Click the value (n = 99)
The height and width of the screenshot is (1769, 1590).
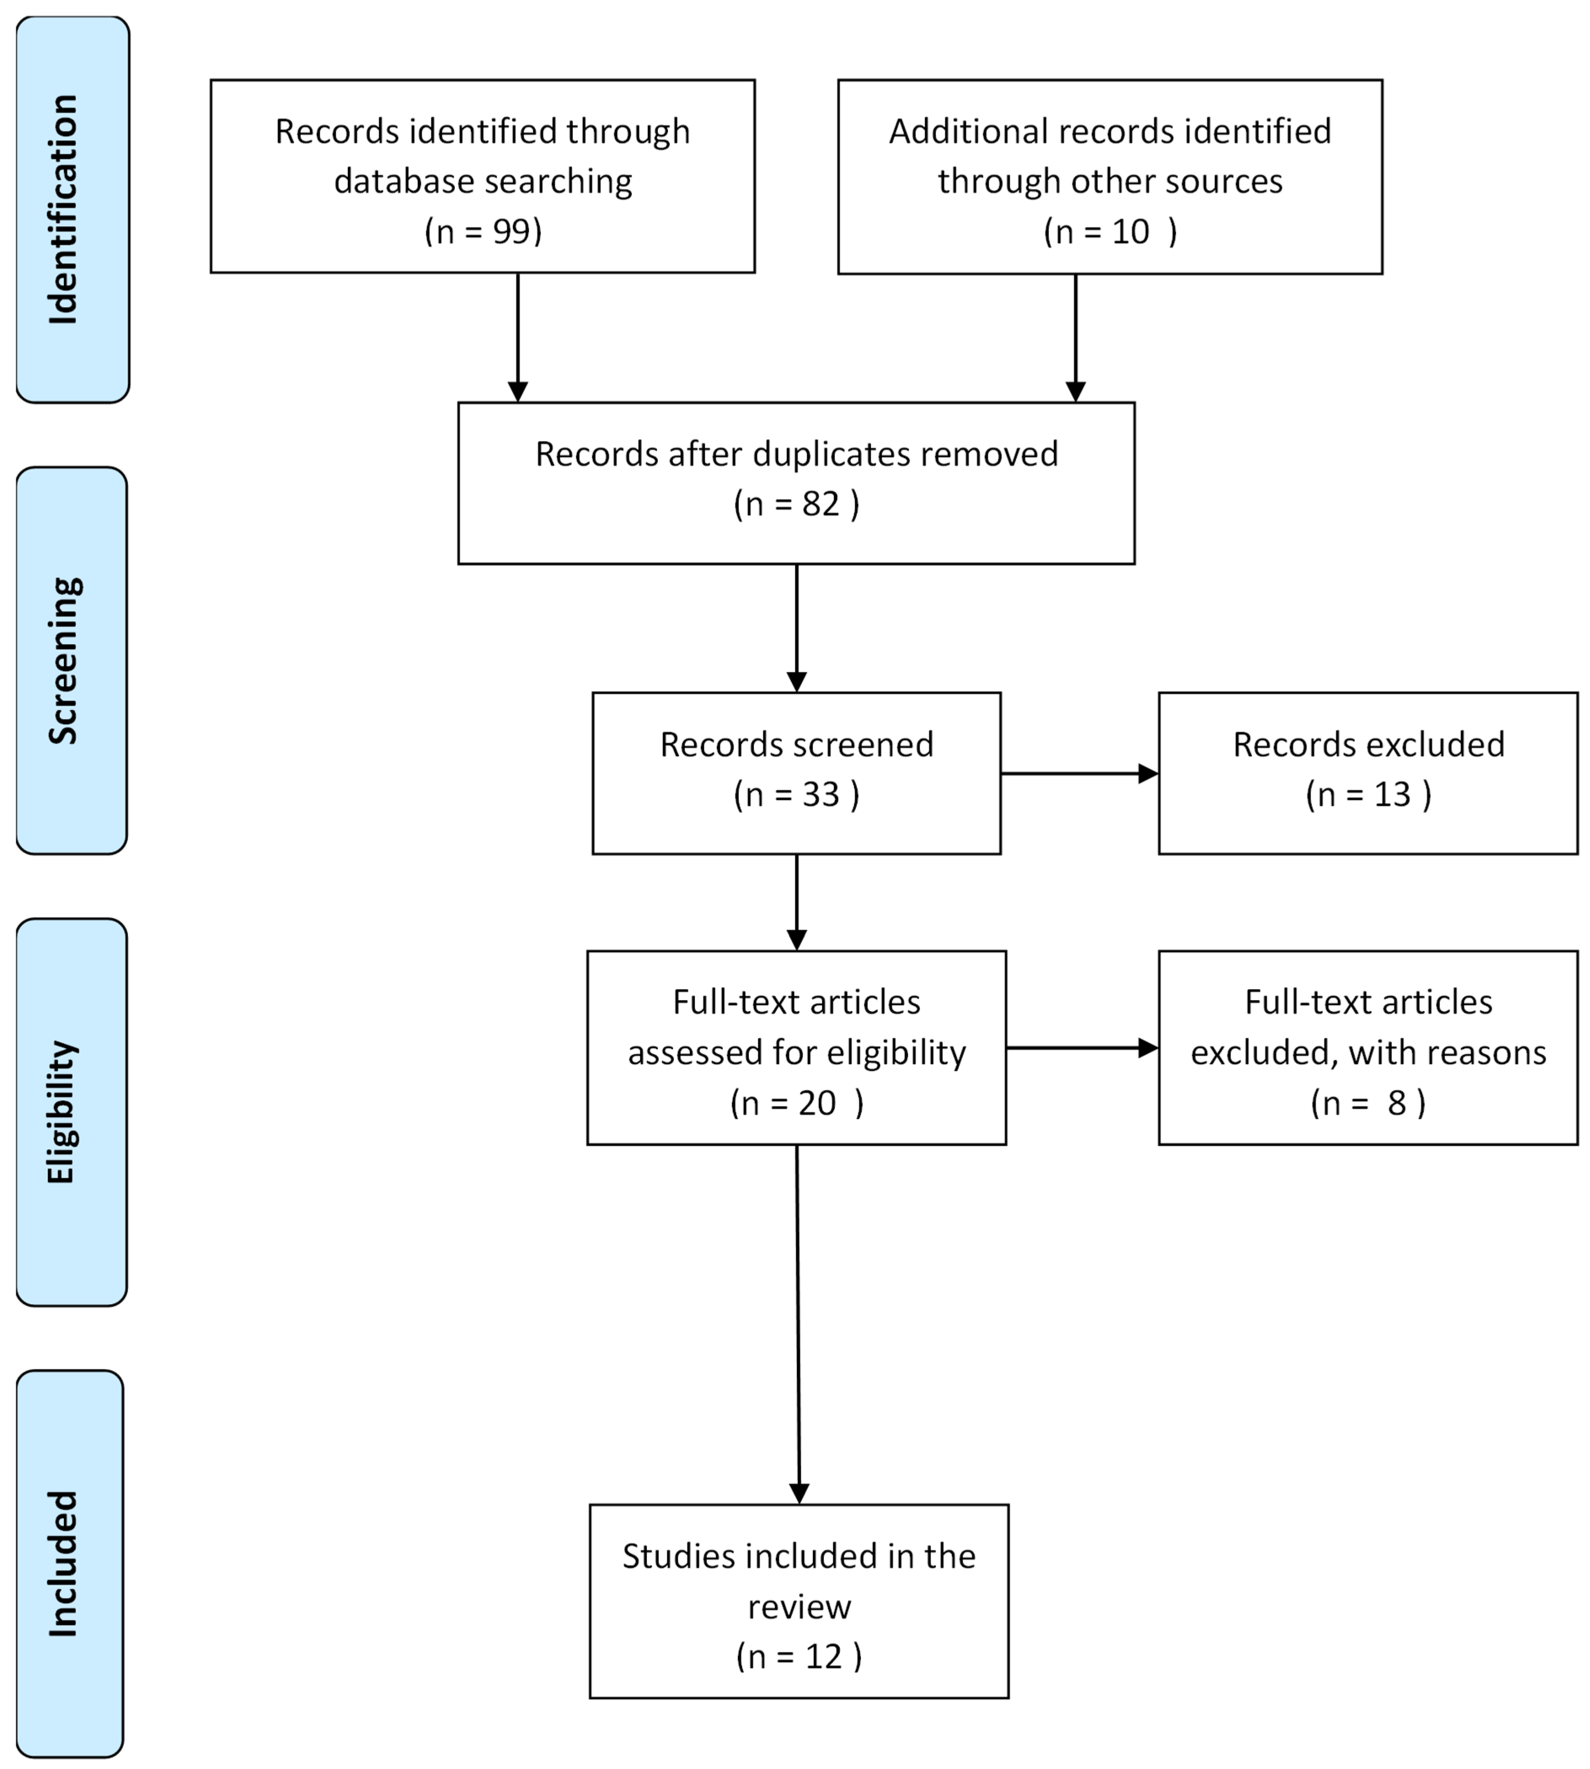(x=483, y=232)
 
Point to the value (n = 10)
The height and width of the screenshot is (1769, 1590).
(x=1109, y=232)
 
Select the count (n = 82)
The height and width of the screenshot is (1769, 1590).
(x=796, y=504)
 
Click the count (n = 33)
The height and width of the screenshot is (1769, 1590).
(x=796, y=794)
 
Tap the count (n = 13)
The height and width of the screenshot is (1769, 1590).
(x=1368, y=794)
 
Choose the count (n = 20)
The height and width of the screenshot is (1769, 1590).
(x=796, y=1103)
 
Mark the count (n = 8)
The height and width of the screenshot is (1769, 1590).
(x=1368, y=1103)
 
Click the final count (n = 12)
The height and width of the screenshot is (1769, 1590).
(x=799, y=1656)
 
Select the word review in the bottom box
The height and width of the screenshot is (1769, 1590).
(x=799, y=1606)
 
